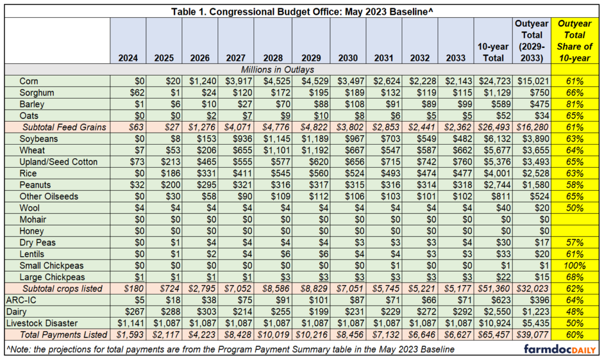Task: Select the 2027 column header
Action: tap(236, 58)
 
